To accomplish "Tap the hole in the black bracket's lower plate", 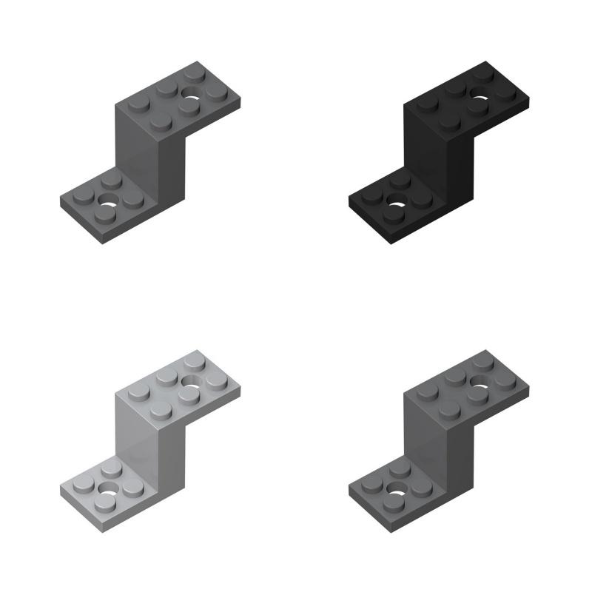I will click(x=397, y=201).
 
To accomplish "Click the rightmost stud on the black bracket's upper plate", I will click(x=505, y=92).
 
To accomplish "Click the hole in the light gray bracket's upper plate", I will click(x=193, y=383).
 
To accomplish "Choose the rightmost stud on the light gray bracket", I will click(x=217, y=380).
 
